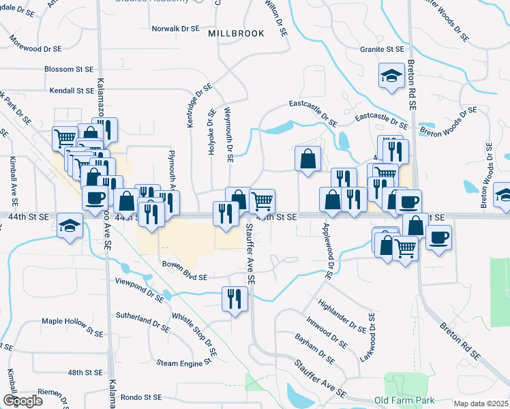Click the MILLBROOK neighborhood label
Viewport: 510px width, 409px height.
(236, 33)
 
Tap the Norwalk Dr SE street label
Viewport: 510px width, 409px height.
(175, 29)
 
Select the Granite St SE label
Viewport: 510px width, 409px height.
(382, 49)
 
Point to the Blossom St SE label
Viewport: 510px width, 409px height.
(68, 69)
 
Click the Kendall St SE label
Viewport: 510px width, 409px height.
(72, 90)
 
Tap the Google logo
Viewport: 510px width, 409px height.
(22, 401)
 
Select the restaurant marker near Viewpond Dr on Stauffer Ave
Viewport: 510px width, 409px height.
(233, 299)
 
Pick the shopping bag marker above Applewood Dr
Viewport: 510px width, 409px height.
(308, 159)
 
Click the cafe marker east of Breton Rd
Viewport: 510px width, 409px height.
(439, 238)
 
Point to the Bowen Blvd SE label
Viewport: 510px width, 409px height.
(184, 264)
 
